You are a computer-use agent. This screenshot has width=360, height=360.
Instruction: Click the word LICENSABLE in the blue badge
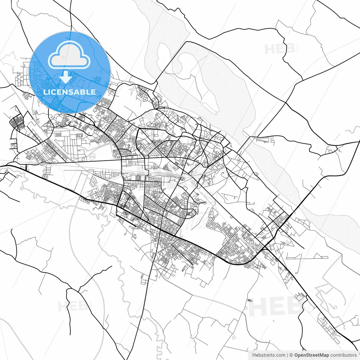click(x=69, y=92)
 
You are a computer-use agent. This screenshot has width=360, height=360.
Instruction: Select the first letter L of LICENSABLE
click(x=45, y=92)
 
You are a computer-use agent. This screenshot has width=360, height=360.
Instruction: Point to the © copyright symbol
click(x=291, y=355)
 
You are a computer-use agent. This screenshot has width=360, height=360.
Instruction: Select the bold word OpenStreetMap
click(x=311, y=355)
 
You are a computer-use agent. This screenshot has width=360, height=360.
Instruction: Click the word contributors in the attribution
click(x=343, y=355)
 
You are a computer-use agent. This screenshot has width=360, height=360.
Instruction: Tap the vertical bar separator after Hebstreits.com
click(x=287, y=355)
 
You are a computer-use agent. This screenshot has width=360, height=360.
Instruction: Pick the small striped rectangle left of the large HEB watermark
click(x=249, y=300)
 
